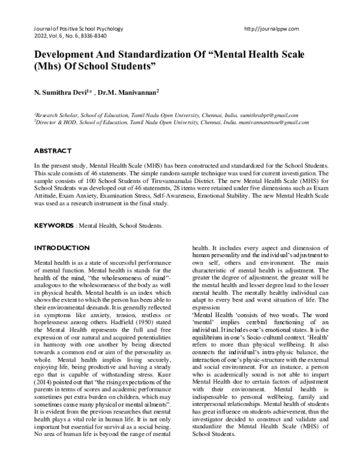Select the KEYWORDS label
pyautogui.click(x=52, y=225)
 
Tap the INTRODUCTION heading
pyautogui.click(x=62, y=247)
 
